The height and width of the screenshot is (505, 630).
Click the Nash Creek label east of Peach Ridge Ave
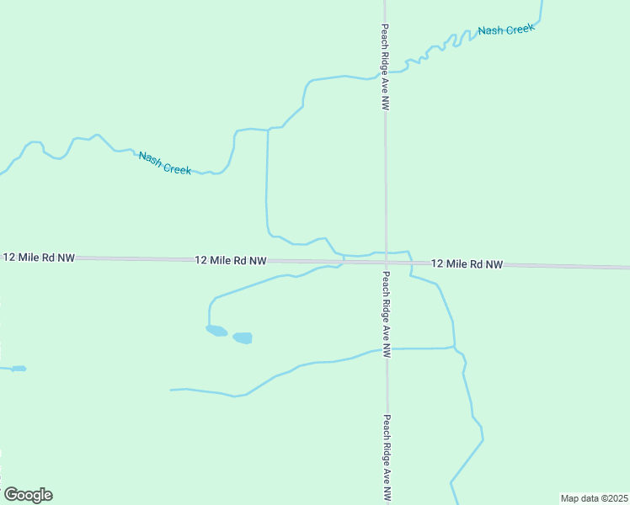coord(506,30)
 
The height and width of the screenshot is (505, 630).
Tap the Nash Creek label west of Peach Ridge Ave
coord(165,163)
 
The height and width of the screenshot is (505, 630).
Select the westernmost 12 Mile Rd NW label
coord(39,257)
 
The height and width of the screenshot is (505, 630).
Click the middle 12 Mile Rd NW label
coord(231,261)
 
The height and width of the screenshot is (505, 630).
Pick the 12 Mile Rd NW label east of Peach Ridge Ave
coord(467,264)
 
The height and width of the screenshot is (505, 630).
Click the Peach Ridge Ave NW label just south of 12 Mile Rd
coord(387,315)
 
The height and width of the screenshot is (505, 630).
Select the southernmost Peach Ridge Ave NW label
coord(388,459)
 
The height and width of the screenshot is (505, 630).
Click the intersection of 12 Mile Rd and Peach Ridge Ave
coord(386,263)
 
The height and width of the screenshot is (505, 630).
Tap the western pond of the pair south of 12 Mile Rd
coord(216,331)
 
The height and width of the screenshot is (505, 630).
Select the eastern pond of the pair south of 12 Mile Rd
coord(243,338)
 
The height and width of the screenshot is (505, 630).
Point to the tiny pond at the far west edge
coord(18,368)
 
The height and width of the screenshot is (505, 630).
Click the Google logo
coord(28,495)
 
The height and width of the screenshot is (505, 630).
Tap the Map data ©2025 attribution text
coord(594,498)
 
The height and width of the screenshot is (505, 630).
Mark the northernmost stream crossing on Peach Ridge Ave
coord(385,75)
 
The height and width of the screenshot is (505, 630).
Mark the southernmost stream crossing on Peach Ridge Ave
coord(387,348)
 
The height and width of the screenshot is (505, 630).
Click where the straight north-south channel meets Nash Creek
coord(268,129)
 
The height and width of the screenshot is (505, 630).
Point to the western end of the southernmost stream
coord(171,390)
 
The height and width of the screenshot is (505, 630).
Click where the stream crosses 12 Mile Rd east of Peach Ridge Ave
coord(410,263)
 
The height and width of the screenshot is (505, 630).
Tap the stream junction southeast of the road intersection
coord(456,348)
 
